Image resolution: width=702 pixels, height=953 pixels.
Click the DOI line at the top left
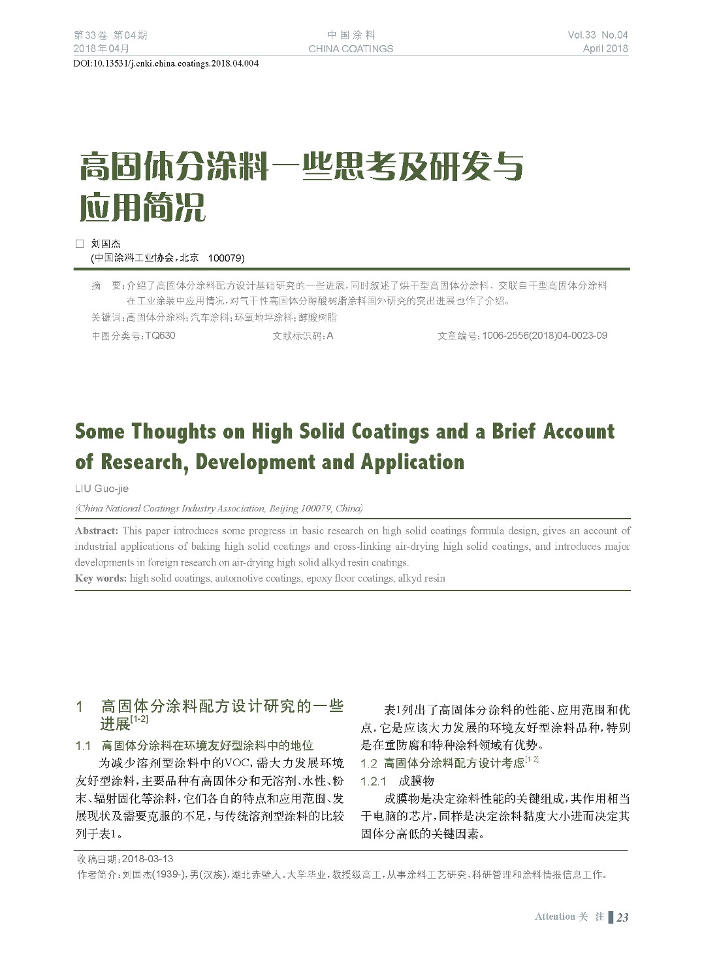pyautogui.click(x=167, y=64)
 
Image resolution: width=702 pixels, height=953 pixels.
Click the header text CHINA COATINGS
pyautogui.click(x=351, y=48)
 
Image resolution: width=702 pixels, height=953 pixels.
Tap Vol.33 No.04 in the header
pyautogui.click(x=598, y=35)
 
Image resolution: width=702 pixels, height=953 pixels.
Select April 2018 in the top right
pyautogui.click(x=605, y=48)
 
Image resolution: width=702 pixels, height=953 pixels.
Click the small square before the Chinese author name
pyautogui.click(x=80, y=244)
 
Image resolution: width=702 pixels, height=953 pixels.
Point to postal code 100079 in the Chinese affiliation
pyautogui.click(x=225, y=258)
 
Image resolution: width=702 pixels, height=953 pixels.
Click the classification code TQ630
pyautogui.click(x=160, y=336)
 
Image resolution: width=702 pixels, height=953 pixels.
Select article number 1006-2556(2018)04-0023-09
pyautogui.click(x=545, y=336)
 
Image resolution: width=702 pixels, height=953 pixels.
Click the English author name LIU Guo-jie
pyautogui.click(x=102, y=489)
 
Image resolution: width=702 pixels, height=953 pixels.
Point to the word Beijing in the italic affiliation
pyautogui.click(x=283, y=508)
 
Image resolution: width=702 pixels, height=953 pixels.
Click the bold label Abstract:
pyautogui.click(x=97, y=530)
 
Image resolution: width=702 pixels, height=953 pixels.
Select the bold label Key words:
pyautogui.click(x=101, y=578)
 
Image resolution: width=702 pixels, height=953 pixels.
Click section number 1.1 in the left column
pyautogui.click(x=83, y=745)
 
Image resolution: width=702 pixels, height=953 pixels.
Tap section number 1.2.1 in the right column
pyautogui.click(x=374, y=781)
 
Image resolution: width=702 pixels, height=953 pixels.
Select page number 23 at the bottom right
pyautogui.click(x=622, y=917)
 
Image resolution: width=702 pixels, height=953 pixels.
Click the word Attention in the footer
pyautogui.click(x=554, y=917)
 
